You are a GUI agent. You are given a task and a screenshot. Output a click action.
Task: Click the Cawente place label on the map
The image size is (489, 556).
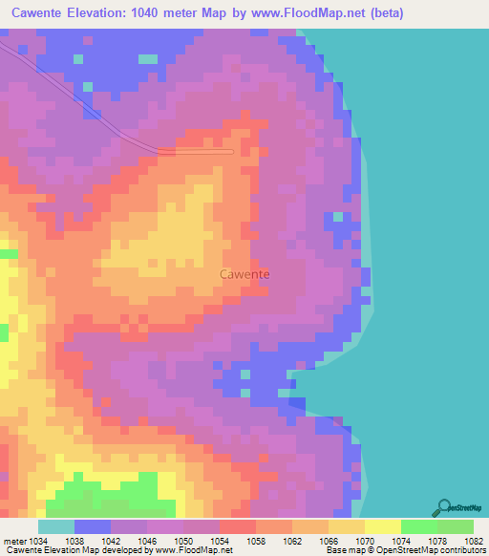[x=244, y=274]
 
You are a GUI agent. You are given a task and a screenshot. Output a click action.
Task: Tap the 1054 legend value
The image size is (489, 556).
[x=219, y=542]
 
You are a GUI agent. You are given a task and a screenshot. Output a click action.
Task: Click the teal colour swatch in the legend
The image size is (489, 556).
[x=55, y=526]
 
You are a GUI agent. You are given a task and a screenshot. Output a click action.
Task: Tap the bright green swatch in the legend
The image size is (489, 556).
[x=418, y=526]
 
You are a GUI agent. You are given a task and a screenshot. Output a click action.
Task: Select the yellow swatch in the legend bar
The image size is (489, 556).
[x=382, y=526]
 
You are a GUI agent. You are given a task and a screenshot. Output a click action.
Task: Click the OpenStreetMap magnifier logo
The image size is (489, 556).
[x=442, y=507]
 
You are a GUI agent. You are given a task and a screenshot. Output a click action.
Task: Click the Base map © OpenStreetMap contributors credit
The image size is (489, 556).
[x=404, y=551]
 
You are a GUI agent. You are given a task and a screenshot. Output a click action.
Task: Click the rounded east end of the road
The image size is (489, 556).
[x=230, y=151]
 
